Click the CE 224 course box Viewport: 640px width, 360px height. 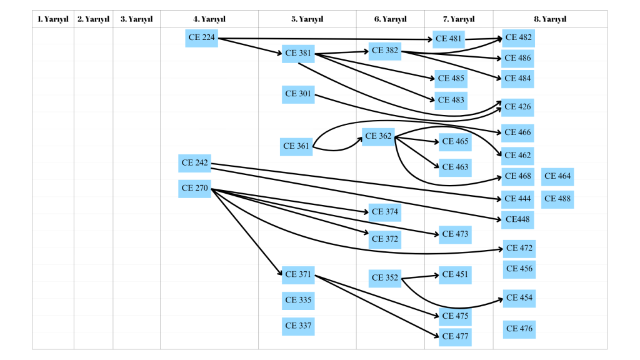click(201, 38)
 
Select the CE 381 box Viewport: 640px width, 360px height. click(298, 54)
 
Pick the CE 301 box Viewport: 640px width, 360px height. click(298, 94)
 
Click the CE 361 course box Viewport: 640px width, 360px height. click(296, 147)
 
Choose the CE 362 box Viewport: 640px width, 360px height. click(378, 136)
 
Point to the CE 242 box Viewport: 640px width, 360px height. click(194, 163)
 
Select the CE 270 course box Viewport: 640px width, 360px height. click(194, 188)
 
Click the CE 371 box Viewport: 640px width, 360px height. click(298, 274)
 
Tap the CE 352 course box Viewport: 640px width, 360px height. click(385, 278)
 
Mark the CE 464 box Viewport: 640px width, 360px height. click(557, 176)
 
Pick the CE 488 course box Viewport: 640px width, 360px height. click(557, 199)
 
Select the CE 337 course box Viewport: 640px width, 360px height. click(298, 326)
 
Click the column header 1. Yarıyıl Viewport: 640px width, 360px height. click(53, 19)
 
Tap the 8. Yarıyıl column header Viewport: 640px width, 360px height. click(550, 19)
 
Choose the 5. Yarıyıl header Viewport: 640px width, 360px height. click(307, 19)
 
